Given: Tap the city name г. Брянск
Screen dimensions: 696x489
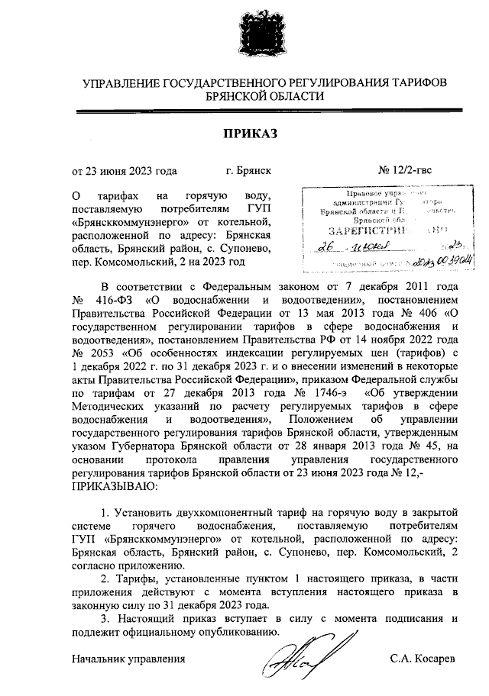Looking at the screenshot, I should tap(249, 171).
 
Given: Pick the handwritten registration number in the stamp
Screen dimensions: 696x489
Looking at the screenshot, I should tap(432, 263).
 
